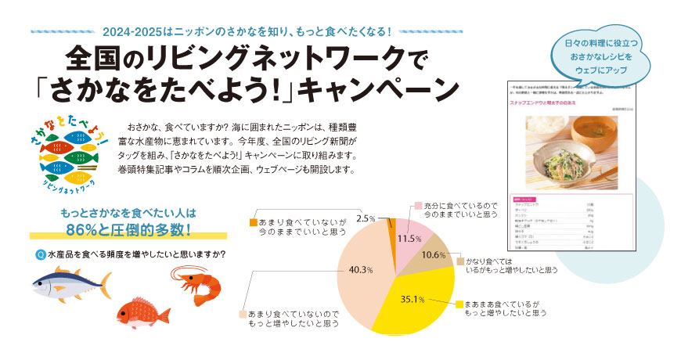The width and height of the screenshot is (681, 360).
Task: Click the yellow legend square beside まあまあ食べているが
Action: pyautogui.click(x=459, y=304)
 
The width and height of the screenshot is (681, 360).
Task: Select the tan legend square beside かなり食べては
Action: pyautogui.click(x=460, y=260)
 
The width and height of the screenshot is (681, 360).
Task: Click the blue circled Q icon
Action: pyautogui.click(x=40, y=254)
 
